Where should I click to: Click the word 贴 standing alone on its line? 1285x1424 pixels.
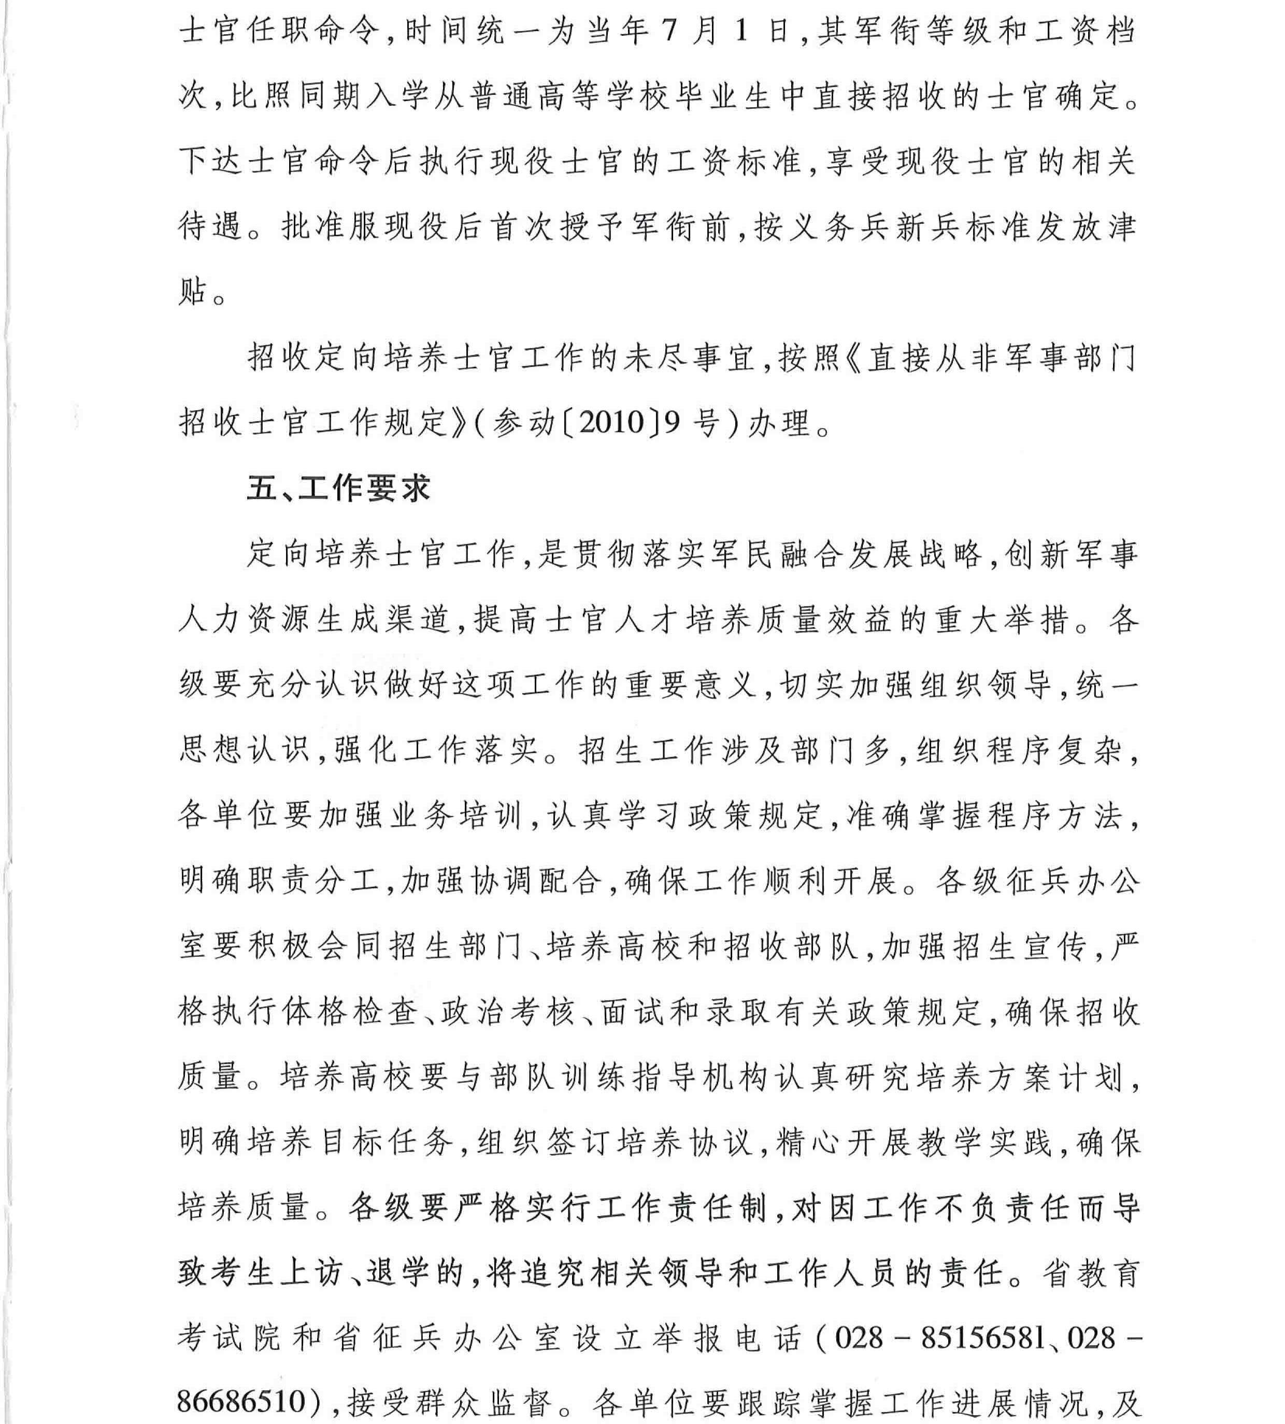pos(193,292)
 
